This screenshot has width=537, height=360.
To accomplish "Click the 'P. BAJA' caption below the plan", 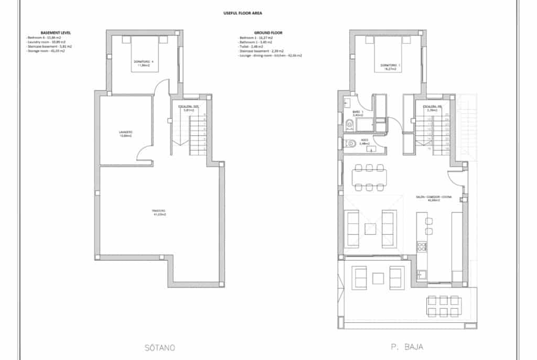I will click(x=407, y=347).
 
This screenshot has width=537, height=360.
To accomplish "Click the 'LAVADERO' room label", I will click(x=125, y=134).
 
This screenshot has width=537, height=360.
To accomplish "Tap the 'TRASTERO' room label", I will click(x=159, y=212).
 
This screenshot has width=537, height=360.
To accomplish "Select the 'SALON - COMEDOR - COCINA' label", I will click(x=433, y=198).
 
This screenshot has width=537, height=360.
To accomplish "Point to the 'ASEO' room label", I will click(x=365, y=141).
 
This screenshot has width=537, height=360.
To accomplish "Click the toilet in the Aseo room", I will click(x=349, y=143).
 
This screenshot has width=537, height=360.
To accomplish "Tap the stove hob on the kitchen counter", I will click(x=422, y=246).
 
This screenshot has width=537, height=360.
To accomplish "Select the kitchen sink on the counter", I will click(x=421, y=273).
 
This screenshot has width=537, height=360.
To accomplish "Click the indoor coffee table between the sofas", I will click(x=371, y=227).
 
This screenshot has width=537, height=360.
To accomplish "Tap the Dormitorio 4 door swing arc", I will click(x=164, y=86).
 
